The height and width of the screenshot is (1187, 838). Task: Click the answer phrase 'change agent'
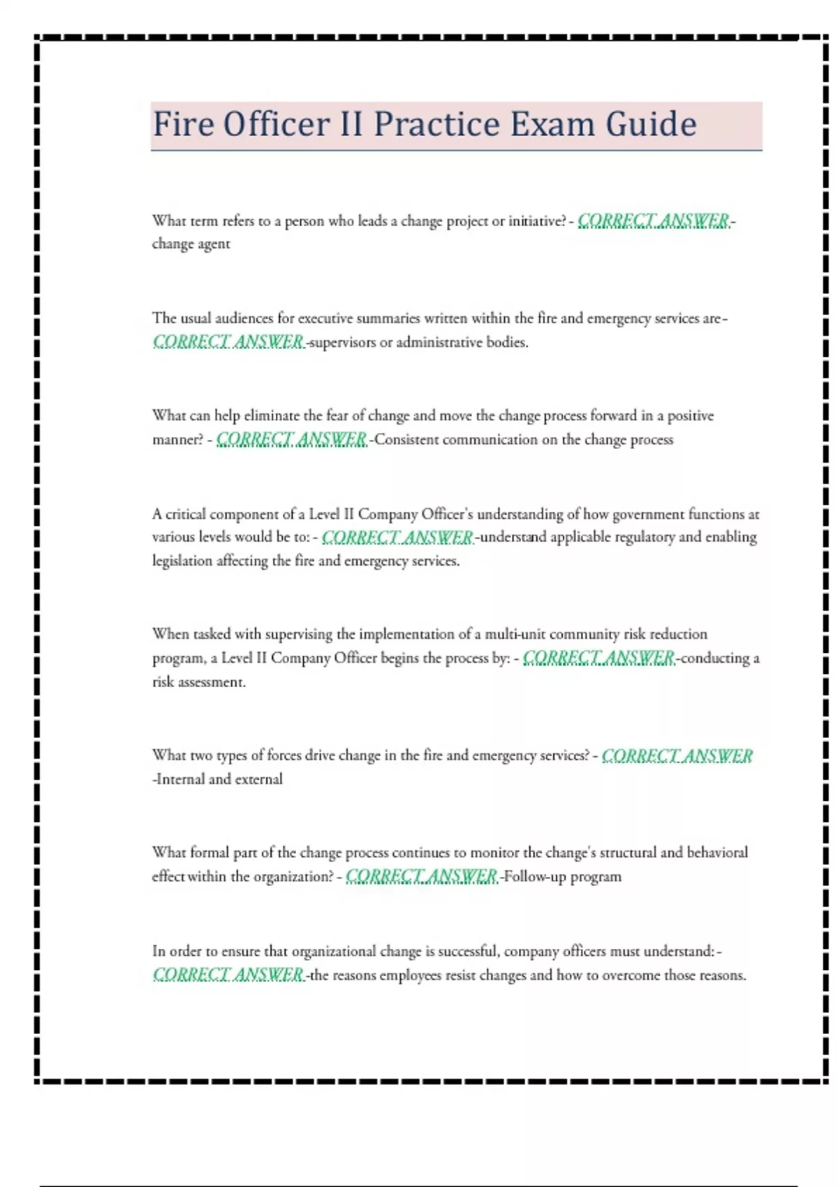pyautogui.click(x=191, y=244)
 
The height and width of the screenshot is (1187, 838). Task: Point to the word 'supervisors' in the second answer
pyautogui.click(x=342, y=342)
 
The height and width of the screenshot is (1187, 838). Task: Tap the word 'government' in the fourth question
pyautogui.click(x=648, y=515)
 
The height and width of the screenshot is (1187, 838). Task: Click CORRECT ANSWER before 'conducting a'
pyautogui.click(x=598, y=658)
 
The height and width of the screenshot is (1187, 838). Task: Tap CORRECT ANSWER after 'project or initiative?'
pyautogui.click(x=653, y=221)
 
